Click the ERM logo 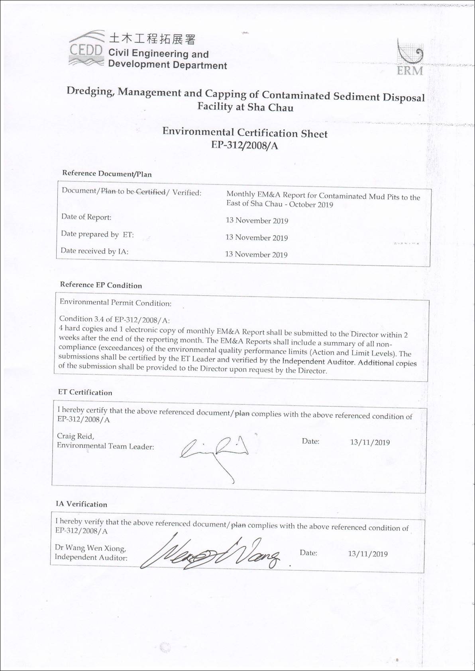click(x=410, y=58)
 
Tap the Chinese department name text click(x=151, y=39)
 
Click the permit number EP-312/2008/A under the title click(x=245, y=145)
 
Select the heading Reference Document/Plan click(x=107, y=174)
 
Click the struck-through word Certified click(x=151, y=192)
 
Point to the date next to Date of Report click(x=257, y=220)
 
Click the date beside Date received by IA click(x=256, y=254)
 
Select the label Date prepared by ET click(x=97, y=234)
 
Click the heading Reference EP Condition click(x=101, y=285)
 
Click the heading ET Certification click(x=85, y=392)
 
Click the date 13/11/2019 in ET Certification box click(x=370, y=443)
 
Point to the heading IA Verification click(x=81, y=504)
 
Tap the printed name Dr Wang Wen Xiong click(x=90, y=548)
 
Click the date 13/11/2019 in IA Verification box click(x=367, y=554)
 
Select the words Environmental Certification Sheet click(x=245, y=133)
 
